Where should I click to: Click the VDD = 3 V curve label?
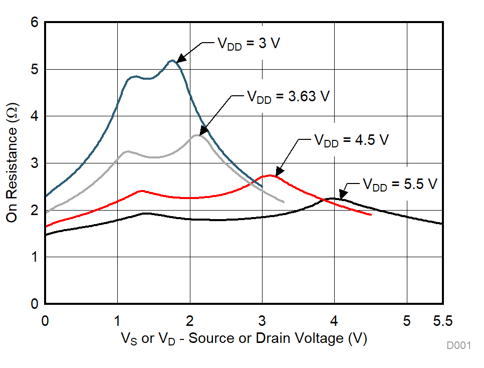pos(248,43)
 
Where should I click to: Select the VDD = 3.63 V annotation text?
pos(288,96)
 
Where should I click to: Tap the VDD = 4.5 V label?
pos(351,140)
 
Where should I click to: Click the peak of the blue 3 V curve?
pos(172,61)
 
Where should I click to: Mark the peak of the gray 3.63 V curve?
pos(197,135)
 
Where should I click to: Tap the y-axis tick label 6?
pos(34,23)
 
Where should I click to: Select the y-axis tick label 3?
pos(34,163)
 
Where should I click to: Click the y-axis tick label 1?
pos(34,257)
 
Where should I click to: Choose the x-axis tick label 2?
pos(190,319)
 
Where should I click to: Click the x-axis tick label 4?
pos(334,319)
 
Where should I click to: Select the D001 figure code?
pos(459,346)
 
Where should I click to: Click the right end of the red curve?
pos(371,215)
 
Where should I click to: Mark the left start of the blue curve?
pos(46,196)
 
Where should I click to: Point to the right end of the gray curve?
pos(284,202)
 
